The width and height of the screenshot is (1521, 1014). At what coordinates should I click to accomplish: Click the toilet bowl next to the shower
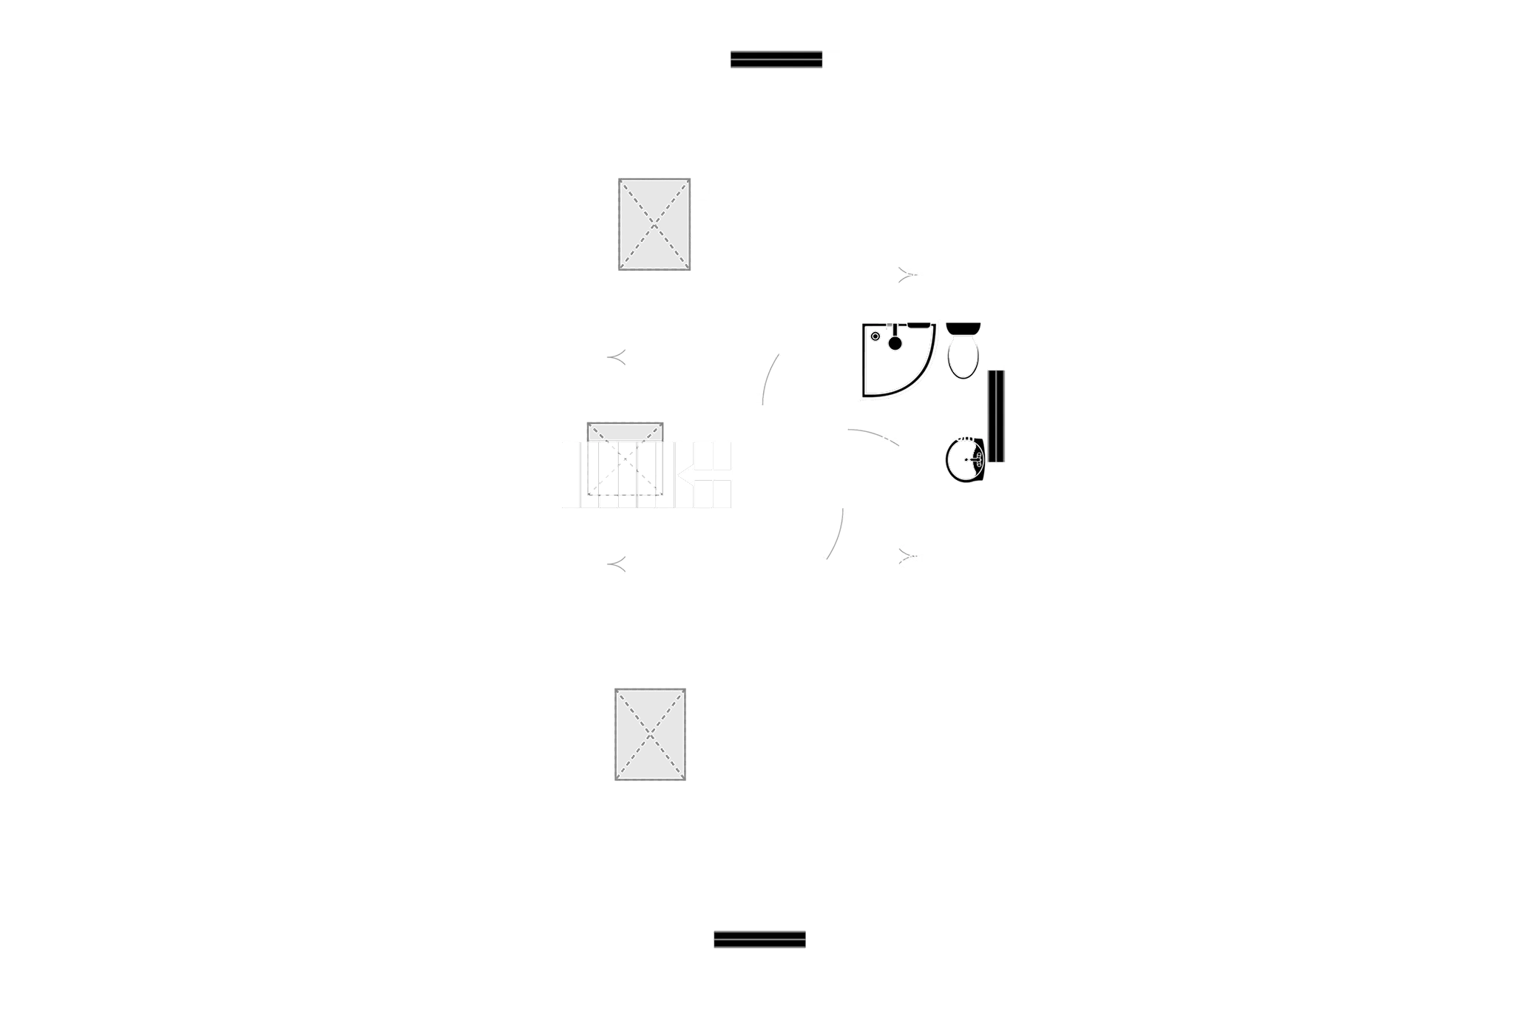pos(963,357)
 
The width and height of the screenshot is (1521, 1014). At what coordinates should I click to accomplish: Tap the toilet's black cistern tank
pos(963,328)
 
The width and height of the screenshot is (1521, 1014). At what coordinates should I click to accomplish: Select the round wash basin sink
pos(965,461)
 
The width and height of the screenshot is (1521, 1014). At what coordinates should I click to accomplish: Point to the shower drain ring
pos(875,337)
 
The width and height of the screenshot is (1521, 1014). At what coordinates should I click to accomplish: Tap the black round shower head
pos(895,342)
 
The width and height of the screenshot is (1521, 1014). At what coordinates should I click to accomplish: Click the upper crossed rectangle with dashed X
pos(654,225)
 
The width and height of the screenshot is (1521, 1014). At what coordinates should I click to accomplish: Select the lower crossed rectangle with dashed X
pos(650,734)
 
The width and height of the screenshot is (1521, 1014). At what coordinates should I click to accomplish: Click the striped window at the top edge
pos(776,59)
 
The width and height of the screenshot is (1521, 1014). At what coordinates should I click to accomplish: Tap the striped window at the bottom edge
pos(759,939)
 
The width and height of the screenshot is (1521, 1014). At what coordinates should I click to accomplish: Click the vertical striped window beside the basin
pos(996,416)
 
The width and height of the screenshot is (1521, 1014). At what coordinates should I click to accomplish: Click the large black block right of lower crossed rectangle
pos(802,763)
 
